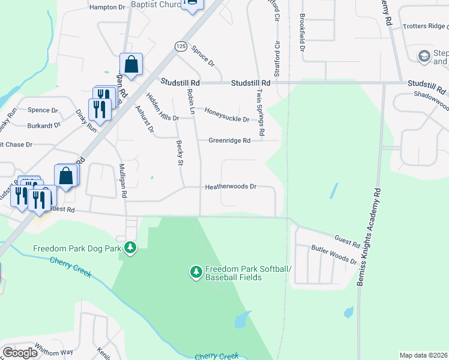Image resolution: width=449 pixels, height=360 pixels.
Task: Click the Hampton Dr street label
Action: click(107, 7)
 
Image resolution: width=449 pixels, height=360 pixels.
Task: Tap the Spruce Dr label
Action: click(203, 55)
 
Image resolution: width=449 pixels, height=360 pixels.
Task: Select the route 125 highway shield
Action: click(181, 46)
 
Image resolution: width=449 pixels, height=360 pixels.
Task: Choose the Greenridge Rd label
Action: click(229, 140)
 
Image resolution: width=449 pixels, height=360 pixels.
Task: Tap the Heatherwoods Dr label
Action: click(231, 187)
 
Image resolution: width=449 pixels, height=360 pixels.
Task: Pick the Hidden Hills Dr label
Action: click(162, 106)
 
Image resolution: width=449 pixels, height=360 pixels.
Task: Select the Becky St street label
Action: click(179, 152)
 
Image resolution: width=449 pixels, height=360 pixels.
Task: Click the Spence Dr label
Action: click(43, 110)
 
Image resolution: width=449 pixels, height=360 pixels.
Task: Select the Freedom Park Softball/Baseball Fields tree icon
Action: click(196, 272)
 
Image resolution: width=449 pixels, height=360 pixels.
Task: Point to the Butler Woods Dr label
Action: click(333, 255)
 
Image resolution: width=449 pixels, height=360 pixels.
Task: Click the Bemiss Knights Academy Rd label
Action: click(369, 238)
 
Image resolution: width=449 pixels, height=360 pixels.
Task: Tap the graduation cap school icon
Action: click(424, 56)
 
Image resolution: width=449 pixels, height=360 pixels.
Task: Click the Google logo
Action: click(20, 352)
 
